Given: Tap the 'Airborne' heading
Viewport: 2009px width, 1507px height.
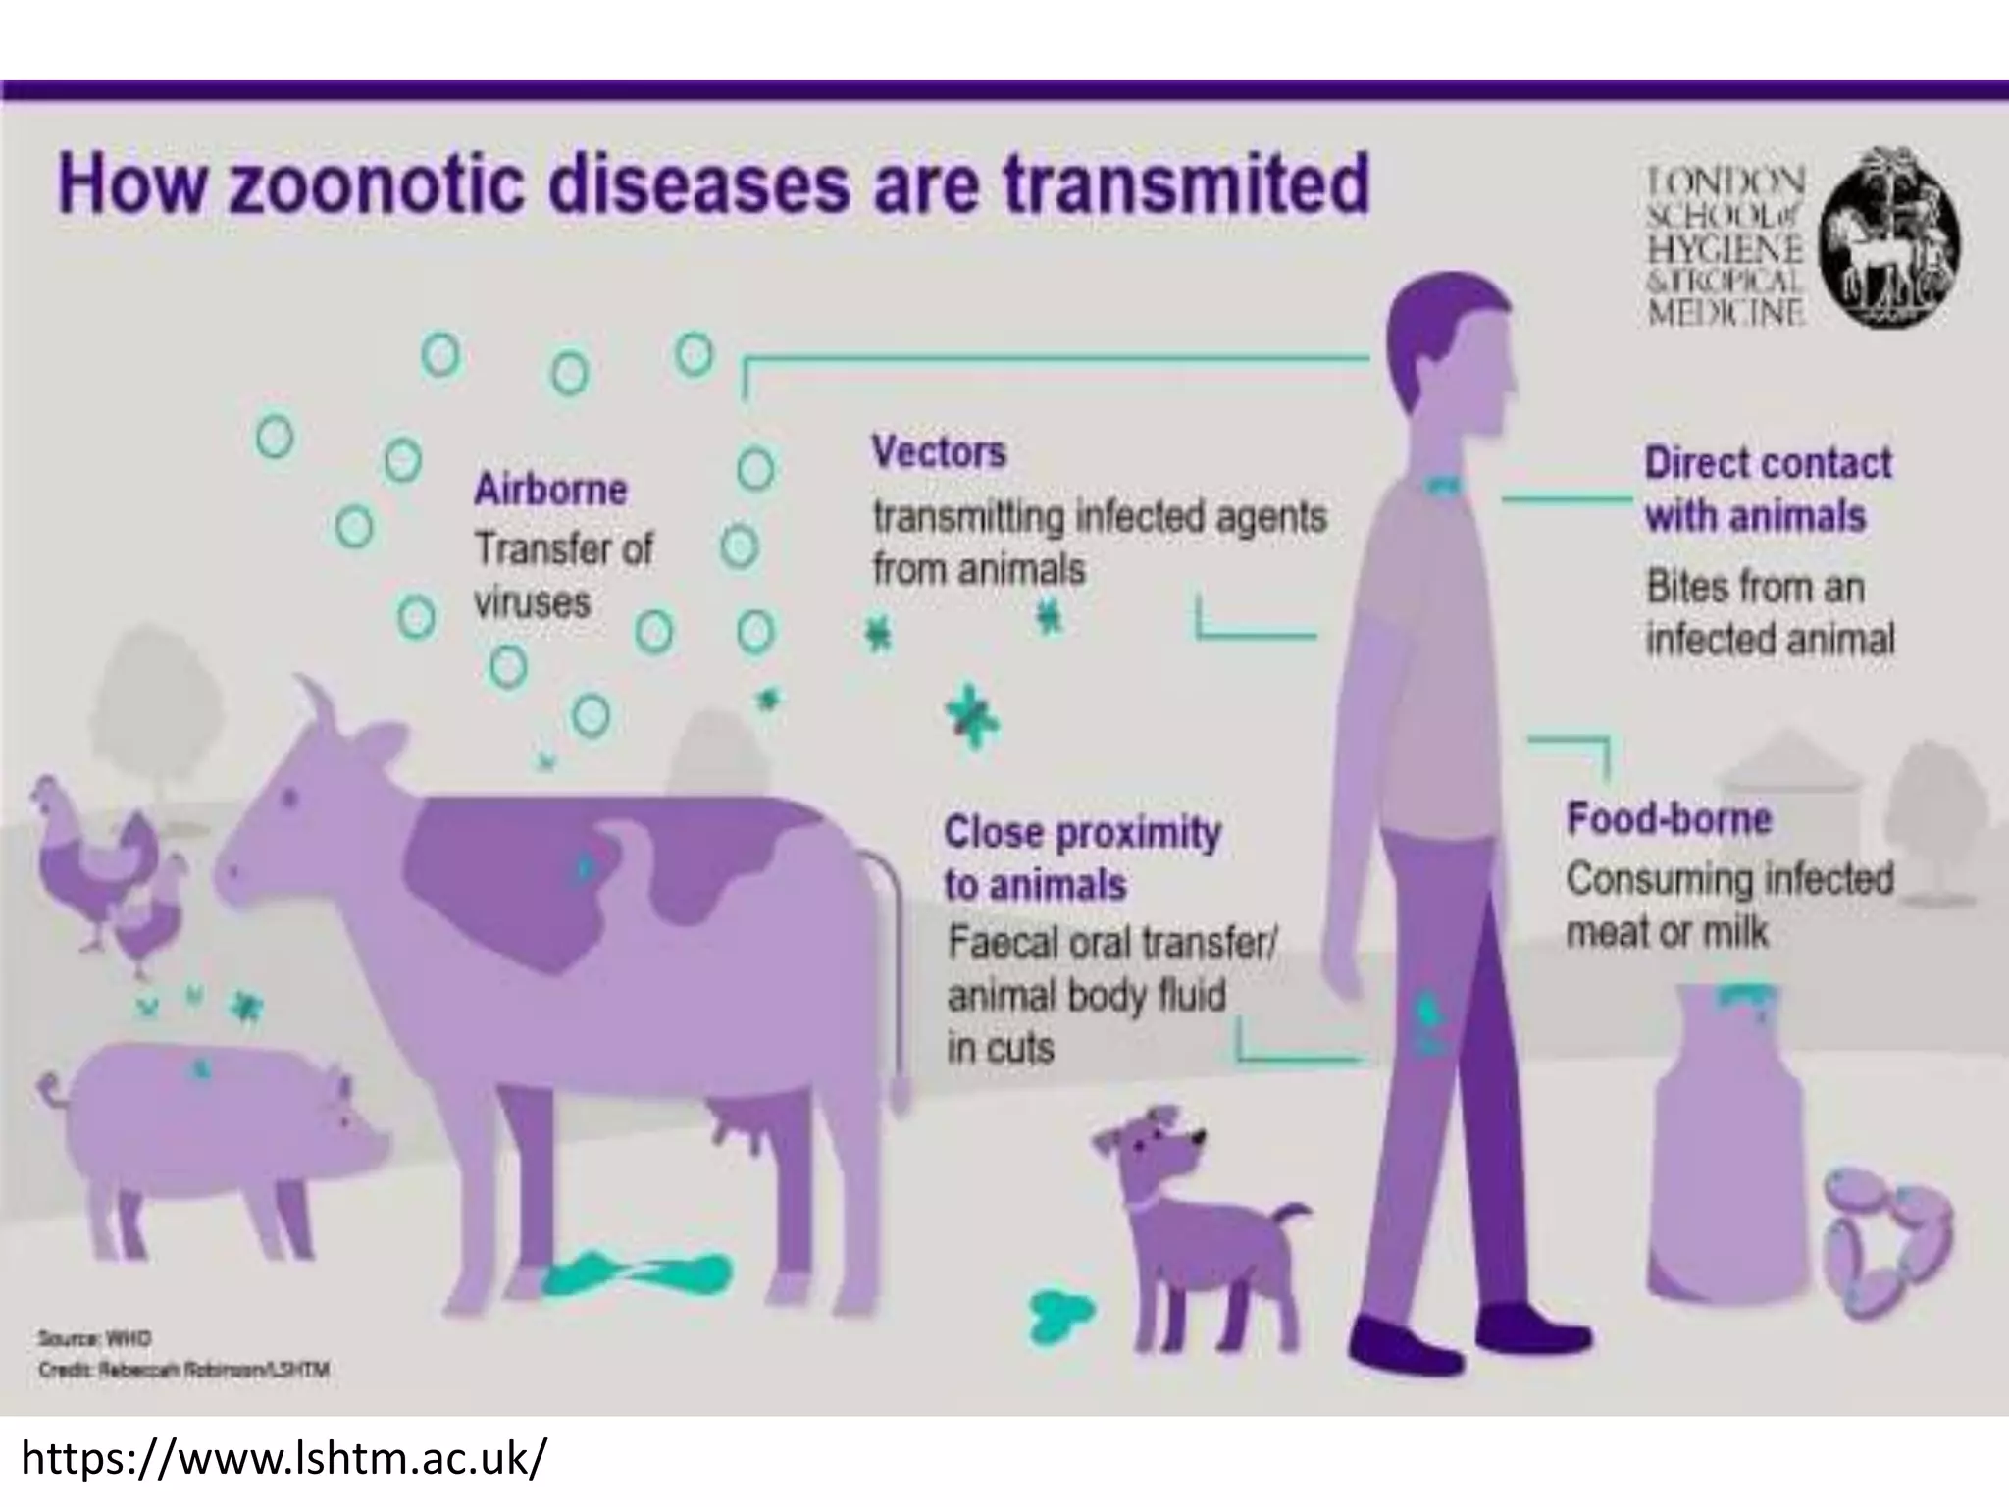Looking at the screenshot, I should coord(550,489).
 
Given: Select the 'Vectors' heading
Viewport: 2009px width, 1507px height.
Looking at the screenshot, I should coord(939,452).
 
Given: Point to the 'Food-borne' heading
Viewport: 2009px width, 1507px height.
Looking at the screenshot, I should coord(1669,818).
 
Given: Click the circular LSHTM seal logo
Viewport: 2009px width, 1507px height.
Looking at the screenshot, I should coord(1890,237).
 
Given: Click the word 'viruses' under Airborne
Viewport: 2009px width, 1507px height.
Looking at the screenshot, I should coord(532,601).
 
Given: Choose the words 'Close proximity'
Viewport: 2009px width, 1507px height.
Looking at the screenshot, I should coord(1082,833).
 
